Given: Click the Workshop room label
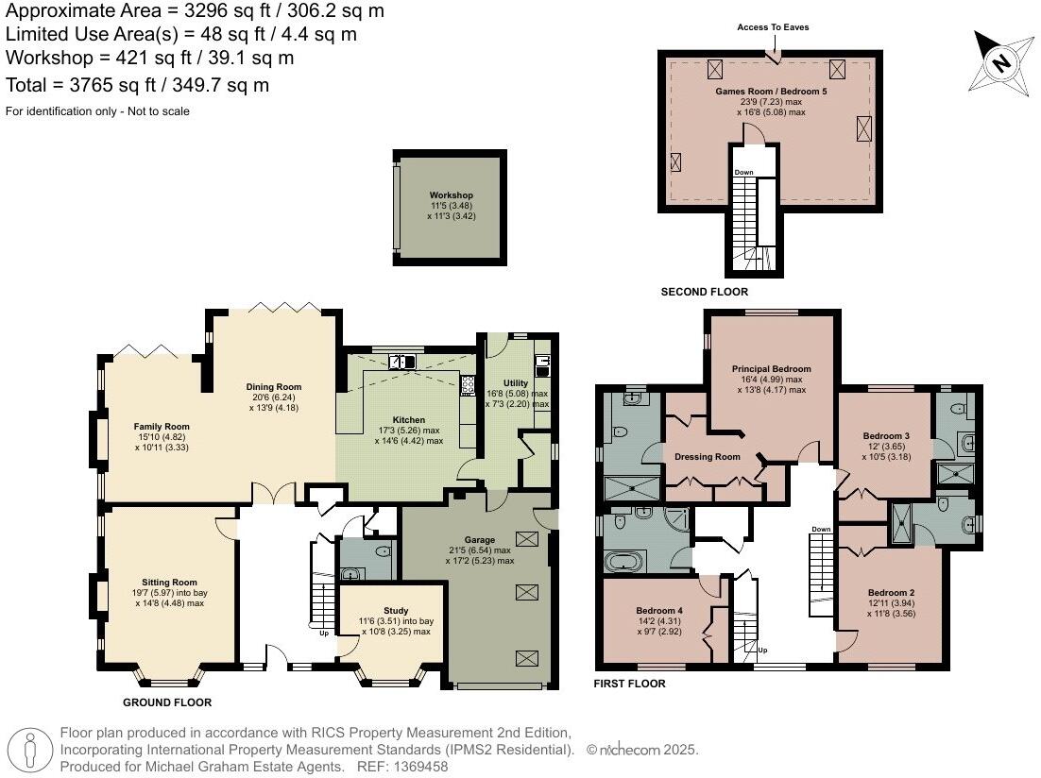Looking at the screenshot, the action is pos(452,195).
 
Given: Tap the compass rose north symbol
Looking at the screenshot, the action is pos(1001,63).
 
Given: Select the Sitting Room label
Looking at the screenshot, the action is pos(169,583).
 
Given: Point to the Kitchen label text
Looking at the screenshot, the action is pos(409,419).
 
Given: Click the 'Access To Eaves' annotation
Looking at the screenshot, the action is pos(773,27).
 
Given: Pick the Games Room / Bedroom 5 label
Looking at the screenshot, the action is pos(772,91).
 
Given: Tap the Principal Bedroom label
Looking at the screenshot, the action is pos(772,369).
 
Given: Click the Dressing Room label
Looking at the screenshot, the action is pos(707,457).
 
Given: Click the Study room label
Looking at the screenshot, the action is pos(396,611).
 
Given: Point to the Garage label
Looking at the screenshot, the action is pos(479,540).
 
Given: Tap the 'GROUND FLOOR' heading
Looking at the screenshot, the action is pos(167,702).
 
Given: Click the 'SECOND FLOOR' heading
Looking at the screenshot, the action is pos(705,292).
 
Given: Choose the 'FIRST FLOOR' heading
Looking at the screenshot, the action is pos(629,684).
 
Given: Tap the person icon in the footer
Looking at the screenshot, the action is pos(30,750).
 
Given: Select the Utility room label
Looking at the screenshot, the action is pos(516,383).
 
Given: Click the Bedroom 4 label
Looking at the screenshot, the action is pos(659,611).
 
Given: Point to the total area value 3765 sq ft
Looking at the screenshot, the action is pos(112,86).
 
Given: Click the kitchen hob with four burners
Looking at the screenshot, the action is pos(468,385).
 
